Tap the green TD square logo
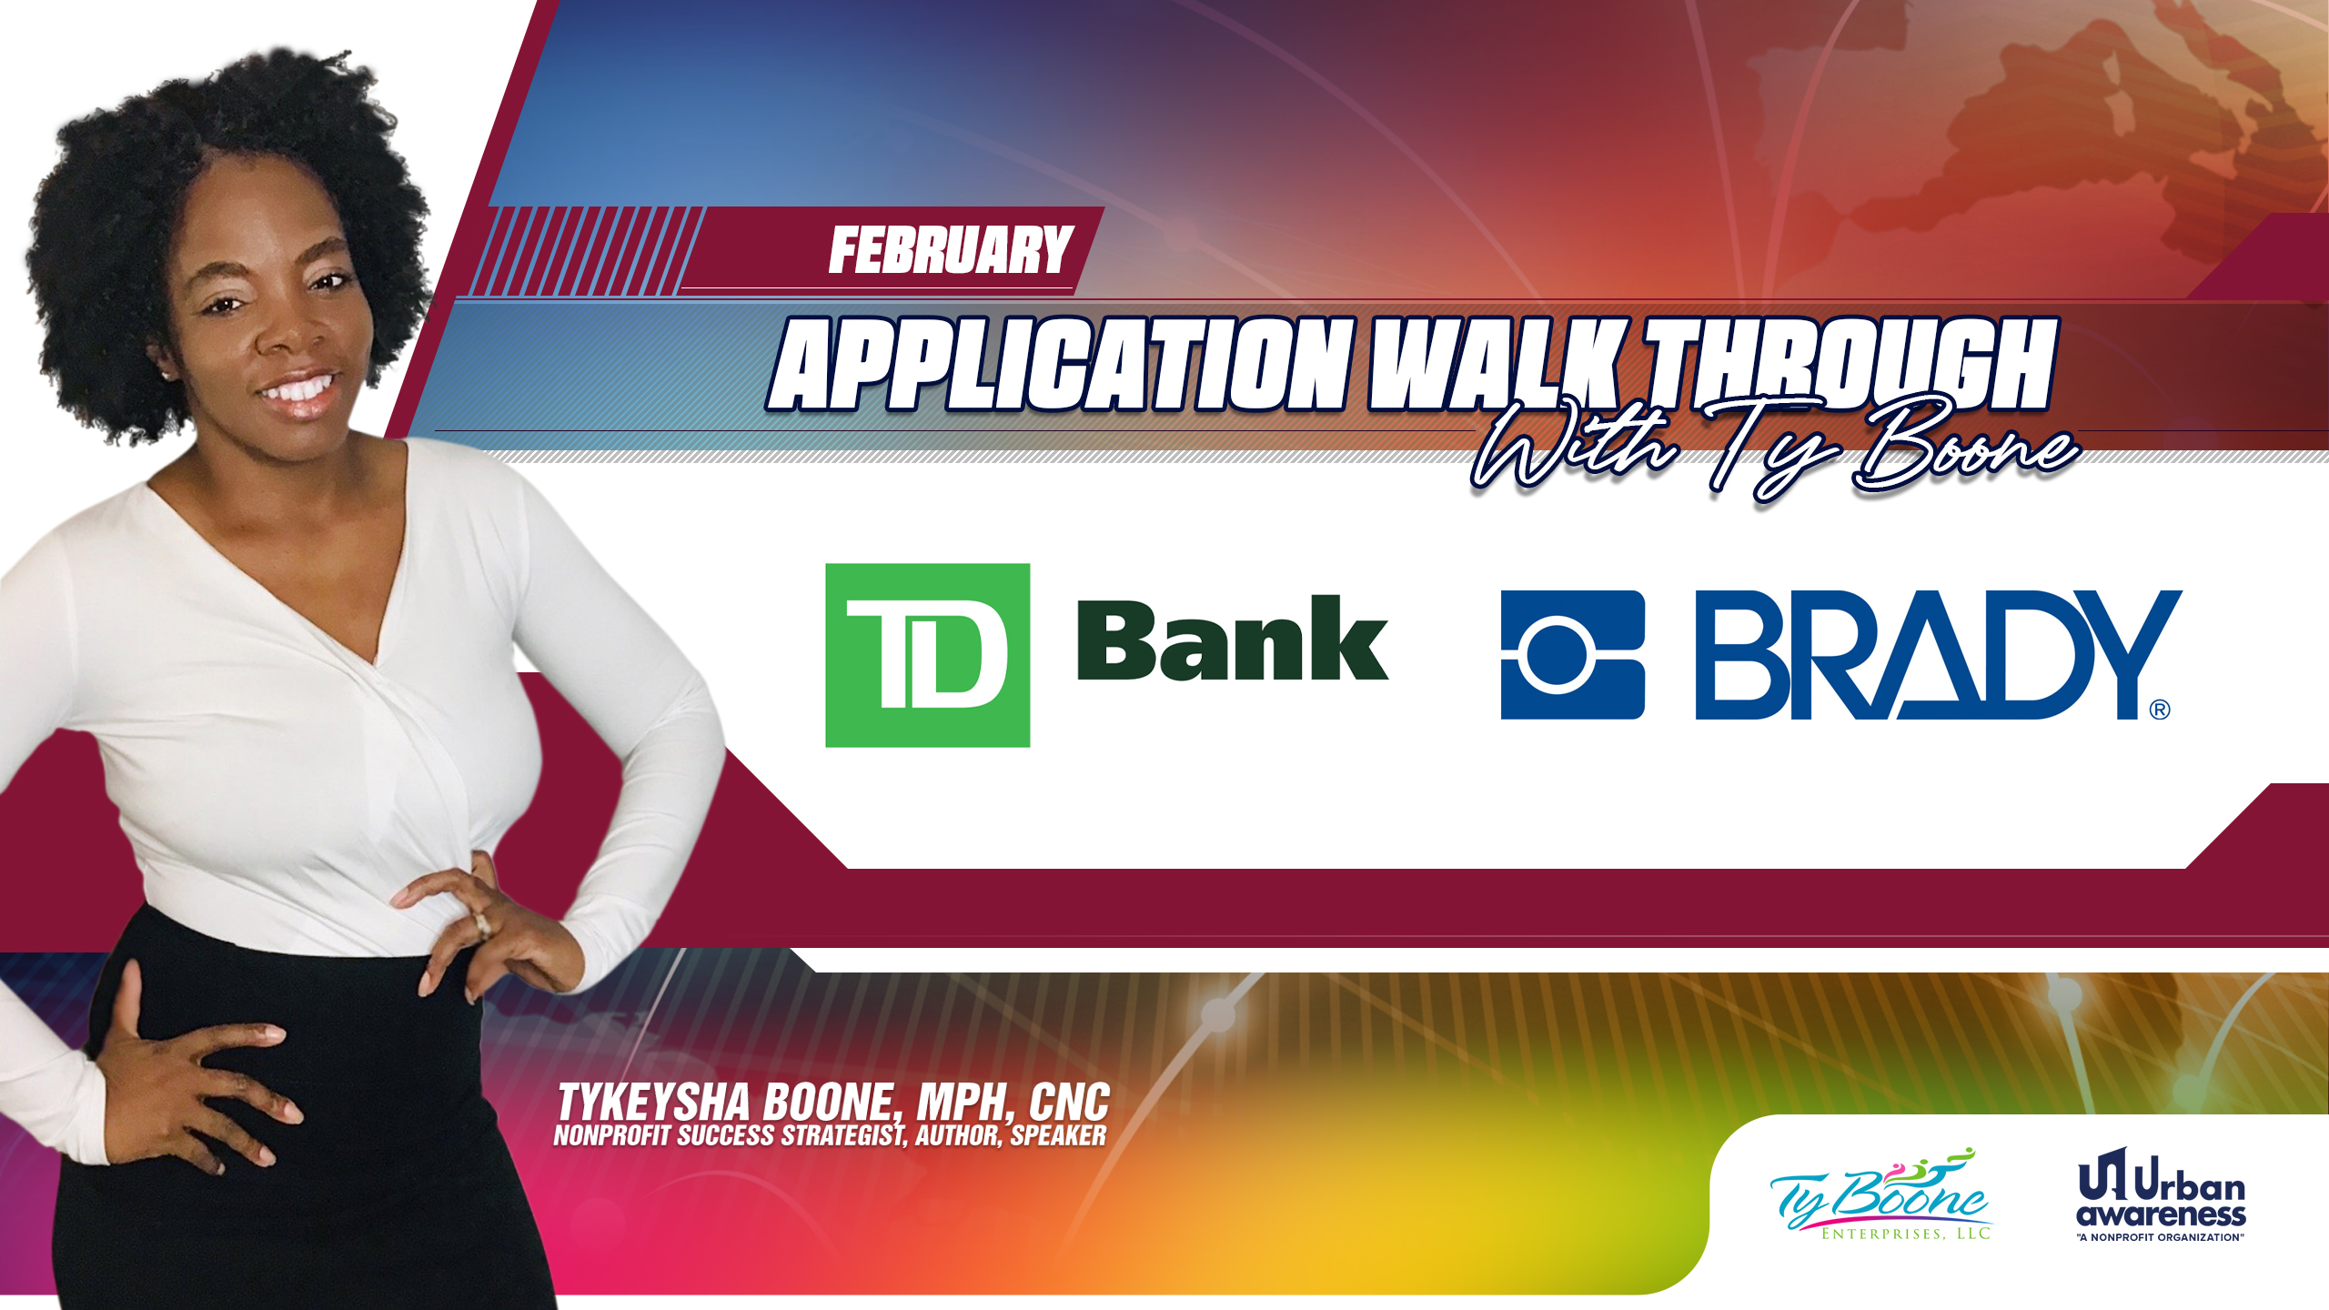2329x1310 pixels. click(927, 655)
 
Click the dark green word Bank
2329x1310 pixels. click(1233, 639)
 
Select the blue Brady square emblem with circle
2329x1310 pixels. click(1572, 655)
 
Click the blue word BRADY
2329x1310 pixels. click(1938, 655)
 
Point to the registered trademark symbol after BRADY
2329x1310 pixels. click(2160, 710)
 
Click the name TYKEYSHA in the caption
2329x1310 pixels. click(654, 1102)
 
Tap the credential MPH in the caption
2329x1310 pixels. click(965, 1102)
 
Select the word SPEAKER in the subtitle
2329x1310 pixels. click(1058, 1135)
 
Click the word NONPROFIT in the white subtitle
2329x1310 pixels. click(612, 1135)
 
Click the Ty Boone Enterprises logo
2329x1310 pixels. click(1881, 1194)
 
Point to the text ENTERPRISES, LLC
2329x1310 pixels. click(1906, 1234)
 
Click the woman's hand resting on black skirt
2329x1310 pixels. click(196, 1083)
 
